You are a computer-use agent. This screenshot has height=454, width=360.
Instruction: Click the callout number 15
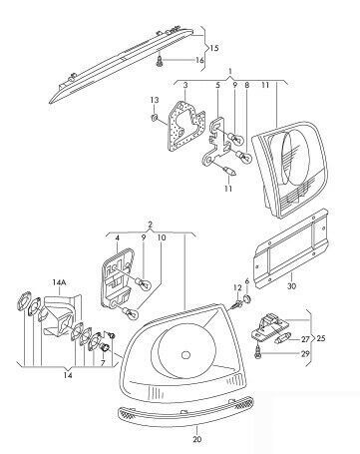pyautogui.click(x=211, y=47)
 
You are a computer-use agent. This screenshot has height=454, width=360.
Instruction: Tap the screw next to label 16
pyautogui.click(x=160, y=63)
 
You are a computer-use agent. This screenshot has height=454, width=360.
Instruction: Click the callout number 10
pyautogui.click(x=163, y=238)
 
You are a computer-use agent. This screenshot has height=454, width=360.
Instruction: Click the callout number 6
pyautogui.click(x=247, y=282)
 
